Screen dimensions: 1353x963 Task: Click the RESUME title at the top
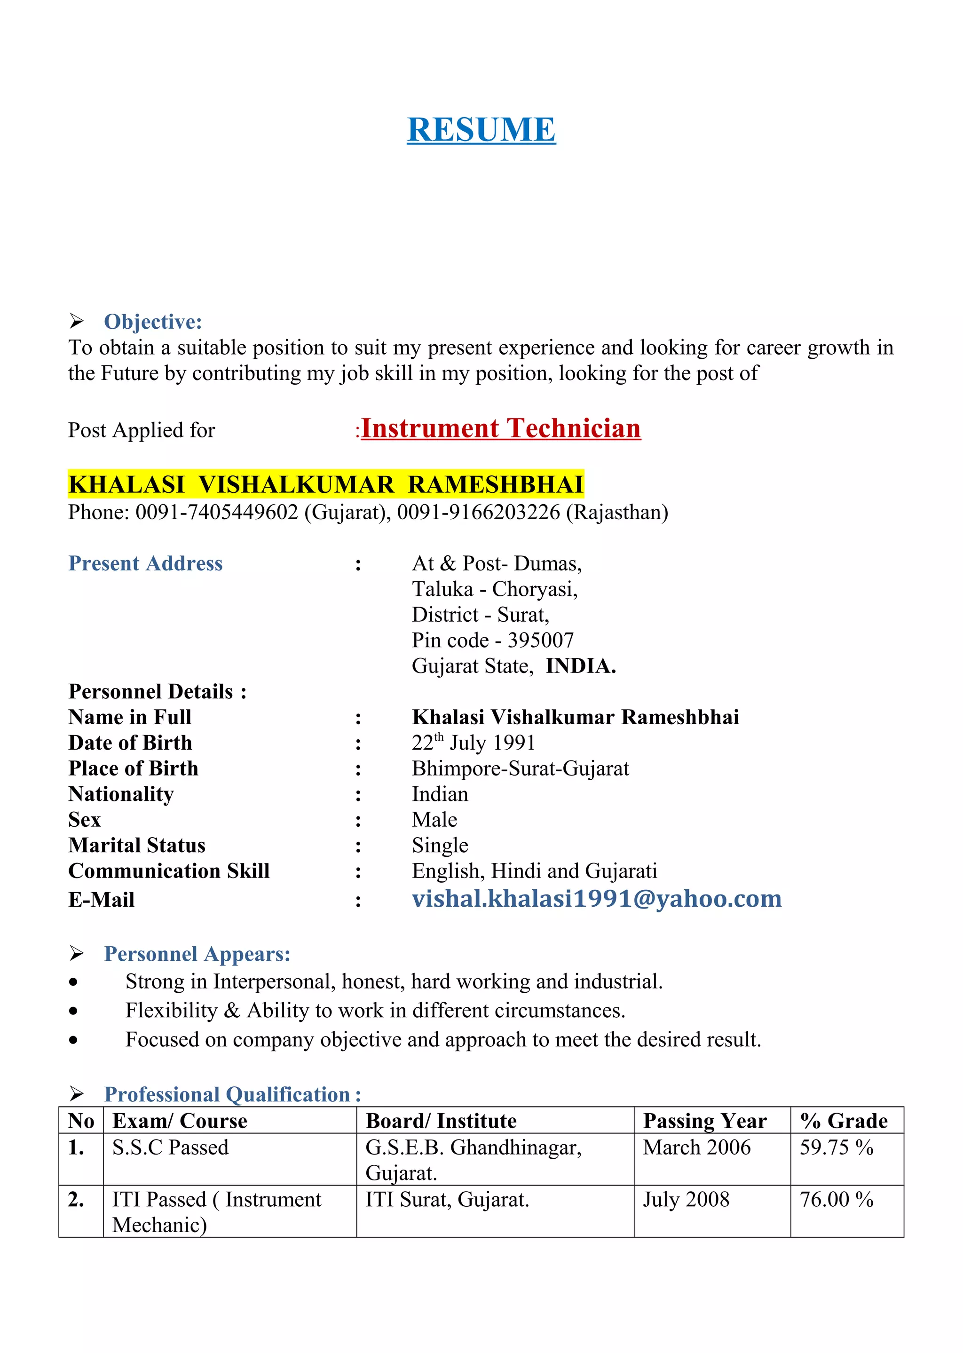tap(481, 129)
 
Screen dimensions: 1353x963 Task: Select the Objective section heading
tap(152, 322)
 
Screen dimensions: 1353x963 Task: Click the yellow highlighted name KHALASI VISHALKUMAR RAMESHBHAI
tap(325, 484)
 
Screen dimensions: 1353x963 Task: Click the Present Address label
tap(145, 563)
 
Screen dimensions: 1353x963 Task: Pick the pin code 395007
tap(540, 641)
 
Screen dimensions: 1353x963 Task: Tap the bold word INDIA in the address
tap(581, 666)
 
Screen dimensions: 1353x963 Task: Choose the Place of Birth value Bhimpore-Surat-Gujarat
tap(520, 768)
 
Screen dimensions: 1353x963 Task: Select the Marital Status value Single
tap(440, 846)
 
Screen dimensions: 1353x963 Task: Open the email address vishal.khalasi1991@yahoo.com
tap(597, 899)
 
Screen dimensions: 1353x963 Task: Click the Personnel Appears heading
tap(197, 954)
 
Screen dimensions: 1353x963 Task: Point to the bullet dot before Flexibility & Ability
tap(73, 1011)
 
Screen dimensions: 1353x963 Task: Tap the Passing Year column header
tap(704, 1121)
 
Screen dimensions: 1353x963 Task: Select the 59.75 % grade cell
tap(836, 1148)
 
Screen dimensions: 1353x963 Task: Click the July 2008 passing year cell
tap(686, 1199)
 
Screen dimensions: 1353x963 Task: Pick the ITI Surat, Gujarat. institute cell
tap(447, 1199)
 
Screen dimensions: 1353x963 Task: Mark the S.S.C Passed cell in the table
tap(170, 1148)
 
